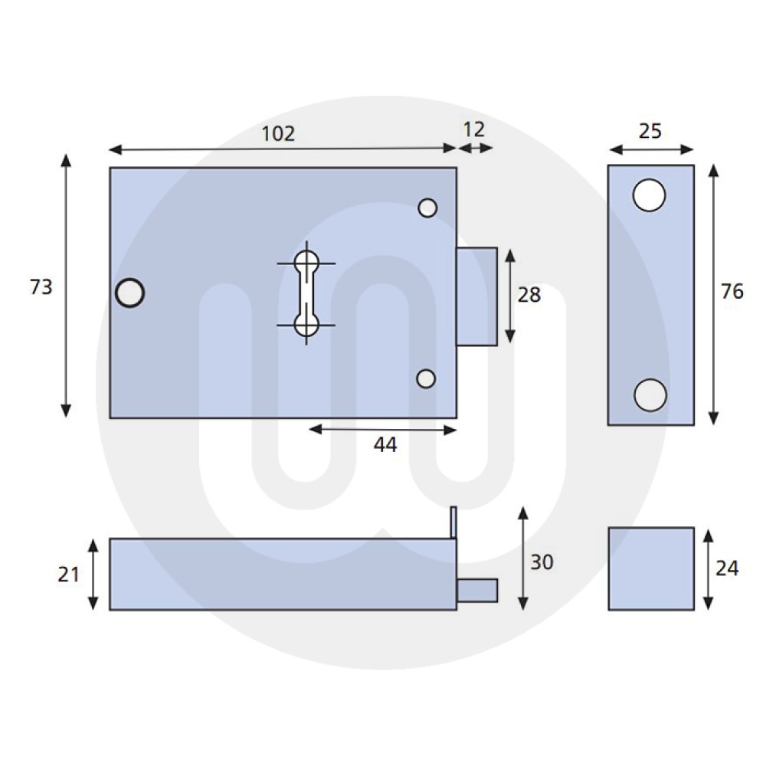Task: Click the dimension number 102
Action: pos(278,133)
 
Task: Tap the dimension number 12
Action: pos(474,129)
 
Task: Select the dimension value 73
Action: pos(41,287)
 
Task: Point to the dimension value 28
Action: pos(529,294)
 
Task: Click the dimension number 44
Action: pos(385,444)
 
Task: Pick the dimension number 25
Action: pos(650,131)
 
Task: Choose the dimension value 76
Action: pos(732,291)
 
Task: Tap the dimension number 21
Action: pos(69,574)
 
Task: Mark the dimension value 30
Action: pos(542,562)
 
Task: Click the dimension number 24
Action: pos(727,569)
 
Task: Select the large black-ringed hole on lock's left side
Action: pos(130,293)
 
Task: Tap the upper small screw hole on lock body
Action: pos(427,208)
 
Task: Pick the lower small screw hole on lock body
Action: pos(427,378)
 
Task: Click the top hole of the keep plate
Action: pos(650,195)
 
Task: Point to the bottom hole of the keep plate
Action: pos(650,394)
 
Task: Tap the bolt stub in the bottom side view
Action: pos(478,591)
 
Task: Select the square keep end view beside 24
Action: pos(651,568)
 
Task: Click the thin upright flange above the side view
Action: pos(453,522)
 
